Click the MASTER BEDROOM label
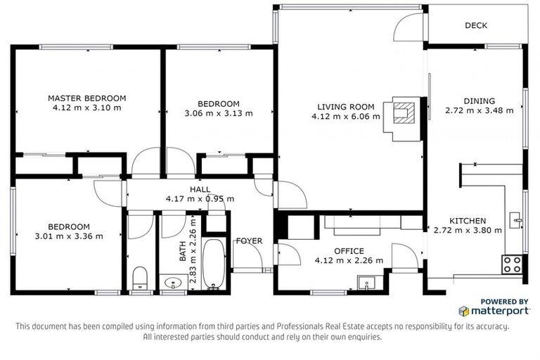tap(86, 98)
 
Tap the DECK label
tap(476, 26)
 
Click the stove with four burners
tap(511, 264)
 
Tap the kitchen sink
tap(518, 221)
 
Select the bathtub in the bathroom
tap(214, 264)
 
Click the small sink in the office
tap(365, 283)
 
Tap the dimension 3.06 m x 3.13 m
tap(218, 113)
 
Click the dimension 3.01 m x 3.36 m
tap(69, 236)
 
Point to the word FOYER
tap(249, 241)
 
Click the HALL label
tap(200, 189)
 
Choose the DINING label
tap(479, 101)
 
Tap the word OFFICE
tap(349, 251)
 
